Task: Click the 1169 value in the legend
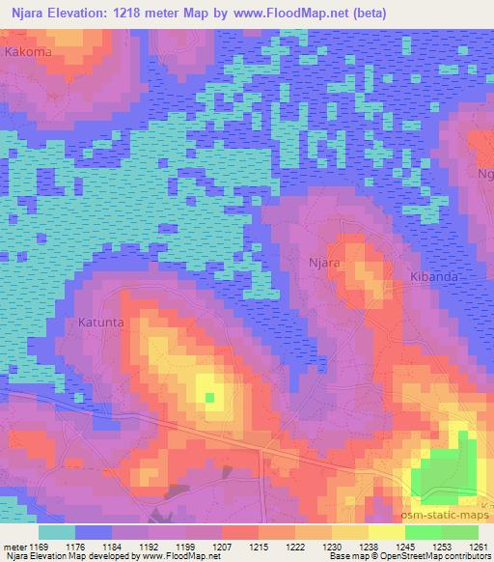[38, 546]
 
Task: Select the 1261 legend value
[479, 546]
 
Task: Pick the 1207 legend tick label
[222, 546]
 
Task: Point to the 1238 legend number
[369, 546]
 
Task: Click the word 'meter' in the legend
[14, 546]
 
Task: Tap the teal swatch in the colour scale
[56, 531]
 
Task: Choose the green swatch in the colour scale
[442, 531]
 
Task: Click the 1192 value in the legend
[149, 546]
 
